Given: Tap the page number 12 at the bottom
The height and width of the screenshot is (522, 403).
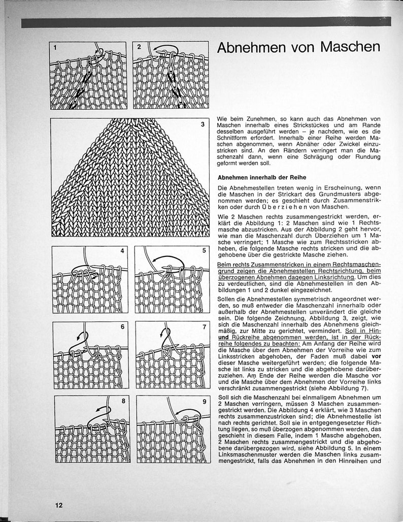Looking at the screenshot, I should (59, 505).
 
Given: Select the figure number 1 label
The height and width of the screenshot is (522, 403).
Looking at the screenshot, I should (55, 48).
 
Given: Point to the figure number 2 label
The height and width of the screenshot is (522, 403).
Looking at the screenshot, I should (139, 47).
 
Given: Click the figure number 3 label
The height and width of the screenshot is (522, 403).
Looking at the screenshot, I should (203, 124).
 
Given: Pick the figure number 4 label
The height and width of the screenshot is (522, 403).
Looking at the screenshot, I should (122, 251).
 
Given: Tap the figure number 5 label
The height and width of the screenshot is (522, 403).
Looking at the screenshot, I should (204, 251).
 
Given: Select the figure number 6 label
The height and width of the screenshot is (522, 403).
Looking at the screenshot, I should (122, 327).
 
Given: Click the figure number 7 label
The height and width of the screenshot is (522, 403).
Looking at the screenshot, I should (204, 327).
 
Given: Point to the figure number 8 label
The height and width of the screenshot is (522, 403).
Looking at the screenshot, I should (123, 402).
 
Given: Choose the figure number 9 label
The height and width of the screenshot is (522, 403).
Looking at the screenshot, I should (204, 402).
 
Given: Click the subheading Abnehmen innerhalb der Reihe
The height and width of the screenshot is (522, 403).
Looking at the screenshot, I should (259, 178).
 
